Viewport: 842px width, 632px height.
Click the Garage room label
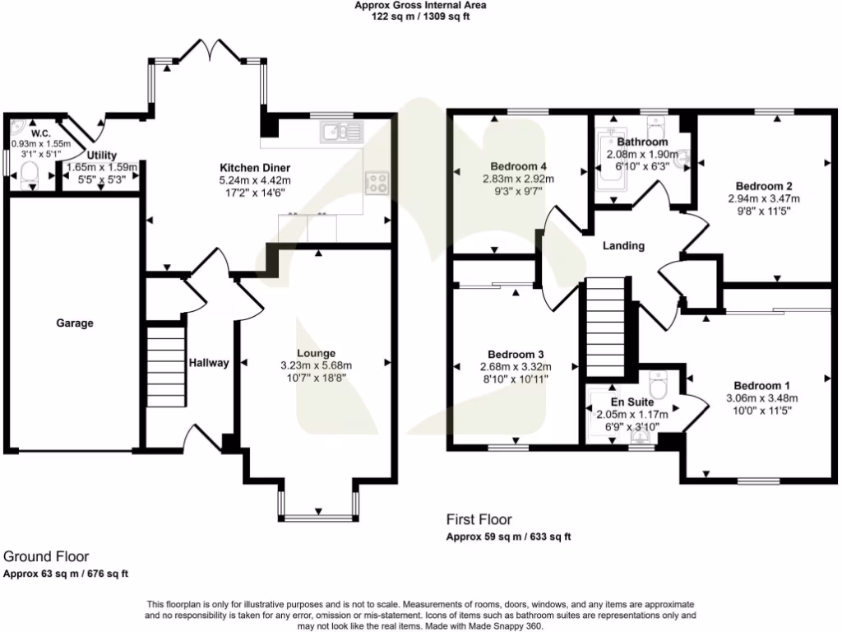coord(75,323)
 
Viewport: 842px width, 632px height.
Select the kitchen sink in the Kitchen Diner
coord(343,131)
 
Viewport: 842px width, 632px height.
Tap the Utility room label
coord(101,155)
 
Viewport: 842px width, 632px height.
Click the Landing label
coord(623,246)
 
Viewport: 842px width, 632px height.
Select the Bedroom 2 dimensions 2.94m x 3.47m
coord(763,198)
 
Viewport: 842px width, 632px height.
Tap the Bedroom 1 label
coord(761,386)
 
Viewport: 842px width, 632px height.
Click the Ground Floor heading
coord(46,557)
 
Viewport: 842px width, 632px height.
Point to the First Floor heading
coord(479,519)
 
